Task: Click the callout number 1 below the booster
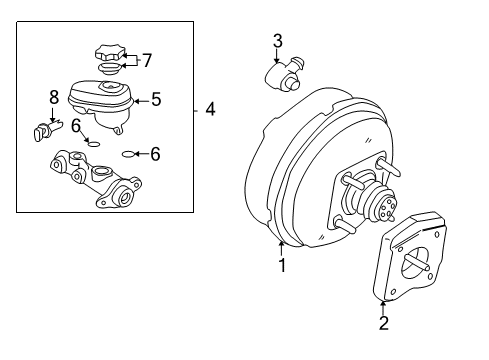(x=282, y=266)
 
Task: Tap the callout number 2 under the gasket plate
(x=382, y=322)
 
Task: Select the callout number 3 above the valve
(x=278, y=41)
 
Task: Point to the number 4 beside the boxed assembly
(x=210, y=108)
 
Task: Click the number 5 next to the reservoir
(x=155, y=99)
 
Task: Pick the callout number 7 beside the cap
(x=146, y=60)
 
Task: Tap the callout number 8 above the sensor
(x=54, y=97)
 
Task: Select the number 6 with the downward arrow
(x=74, y=124)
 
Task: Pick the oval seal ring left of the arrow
(x=127, y=154)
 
